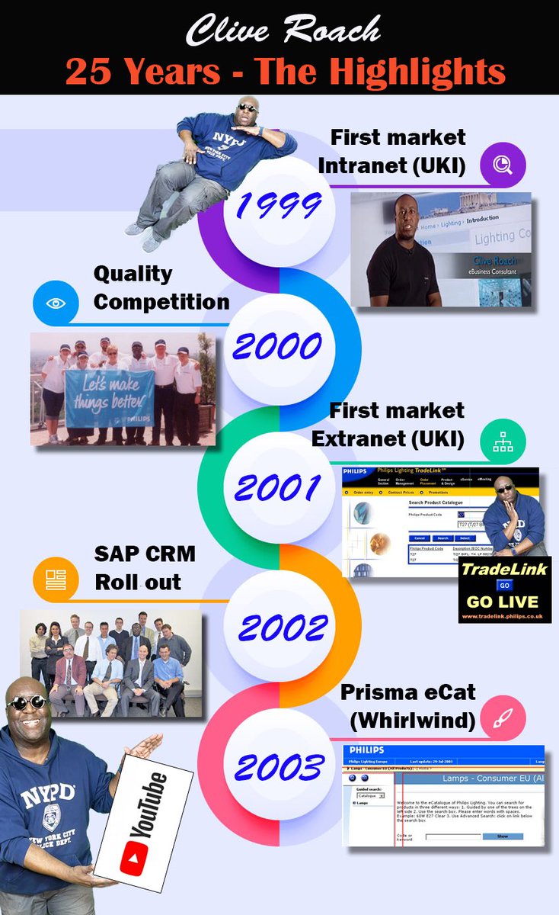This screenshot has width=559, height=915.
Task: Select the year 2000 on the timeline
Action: click(x=278, y=348)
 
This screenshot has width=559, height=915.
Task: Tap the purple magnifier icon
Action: click(x=502, y=164)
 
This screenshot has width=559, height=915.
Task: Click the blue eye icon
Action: click(x=56, y=303)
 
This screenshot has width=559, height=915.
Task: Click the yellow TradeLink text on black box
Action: click(x=504, y=569)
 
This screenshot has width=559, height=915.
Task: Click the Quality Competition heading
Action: click(x=161, y=287)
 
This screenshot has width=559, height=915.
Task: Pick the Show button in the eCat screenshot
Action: click(x=502, y=836)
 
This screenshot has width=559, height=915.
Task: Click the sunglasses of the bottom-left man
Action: click(x=28, y=702)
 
